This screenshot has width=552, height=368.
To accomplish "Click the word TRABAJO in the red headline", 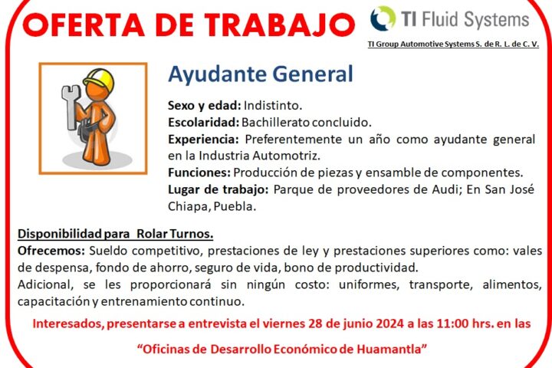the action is (x=280, y=25).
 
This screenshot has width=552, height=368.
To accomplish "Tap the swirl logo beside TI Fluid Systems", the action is (x=383, y=18).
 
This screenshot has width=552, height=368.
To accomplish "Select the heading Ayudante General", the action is (x=261, y=74).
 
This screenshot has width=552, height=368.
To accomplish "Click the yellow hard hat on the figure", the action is (x=99, y=78).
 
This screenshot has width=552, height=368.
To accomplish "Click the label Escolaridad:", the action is (x=203, y=122).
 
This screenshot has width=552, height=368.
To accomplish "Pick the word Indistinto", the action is (x=273, y=105).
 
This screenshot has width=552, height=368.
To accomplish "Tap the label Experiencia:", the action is (x=203, y=140).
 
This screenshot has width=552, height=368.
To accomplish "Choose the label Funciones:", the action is (x=199, y=172).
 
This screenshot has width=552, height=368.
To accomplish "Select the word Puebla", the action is (x=235, y=206).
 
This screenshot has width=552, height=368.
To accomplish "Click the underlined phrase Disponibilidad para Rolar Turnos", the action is (x=116, y=234).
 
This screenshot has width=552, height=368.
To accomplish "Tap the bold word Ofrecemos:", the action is (x=51, y=251).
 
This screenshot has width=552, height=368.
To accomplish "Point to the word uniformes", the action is (x=369, y=284).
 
